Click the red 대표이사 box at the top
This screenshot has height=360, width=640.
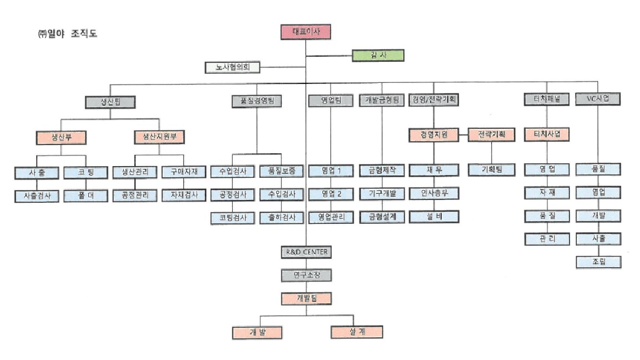point(306,32)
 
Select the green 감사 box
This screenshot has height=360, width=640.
point(378,56)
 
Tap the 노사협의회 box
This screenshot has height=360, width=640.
point(232,68)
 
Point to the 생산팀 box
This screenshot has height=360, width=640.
point(111,102)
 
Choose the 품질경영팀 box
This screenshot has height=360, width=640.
point(257,101)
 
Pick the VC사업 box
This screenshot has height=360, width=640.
point(598,99)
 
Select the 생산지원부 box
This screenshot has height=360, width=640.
point(159,136)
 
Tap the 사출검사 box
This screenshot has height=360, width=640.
point(37,196)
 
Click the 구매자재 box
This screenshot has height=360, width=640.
point(184,171)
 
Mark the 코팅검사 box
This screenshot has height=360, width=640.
point(232,217)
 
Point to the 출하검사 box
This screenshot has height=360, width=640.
point(282,217)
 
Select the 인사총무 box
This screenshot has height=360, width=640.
point(434,193)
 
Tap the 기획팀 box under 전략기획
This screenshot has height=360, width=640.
point(491,169)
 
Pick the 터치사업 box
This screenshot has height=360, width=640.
point(547,134)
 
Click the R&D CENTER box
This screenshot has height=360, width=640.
point(306,252)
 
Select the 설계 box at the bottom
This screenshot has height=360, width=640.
point(357,332)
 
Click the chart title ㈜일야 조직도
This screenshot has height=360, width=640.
point(66,34)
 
